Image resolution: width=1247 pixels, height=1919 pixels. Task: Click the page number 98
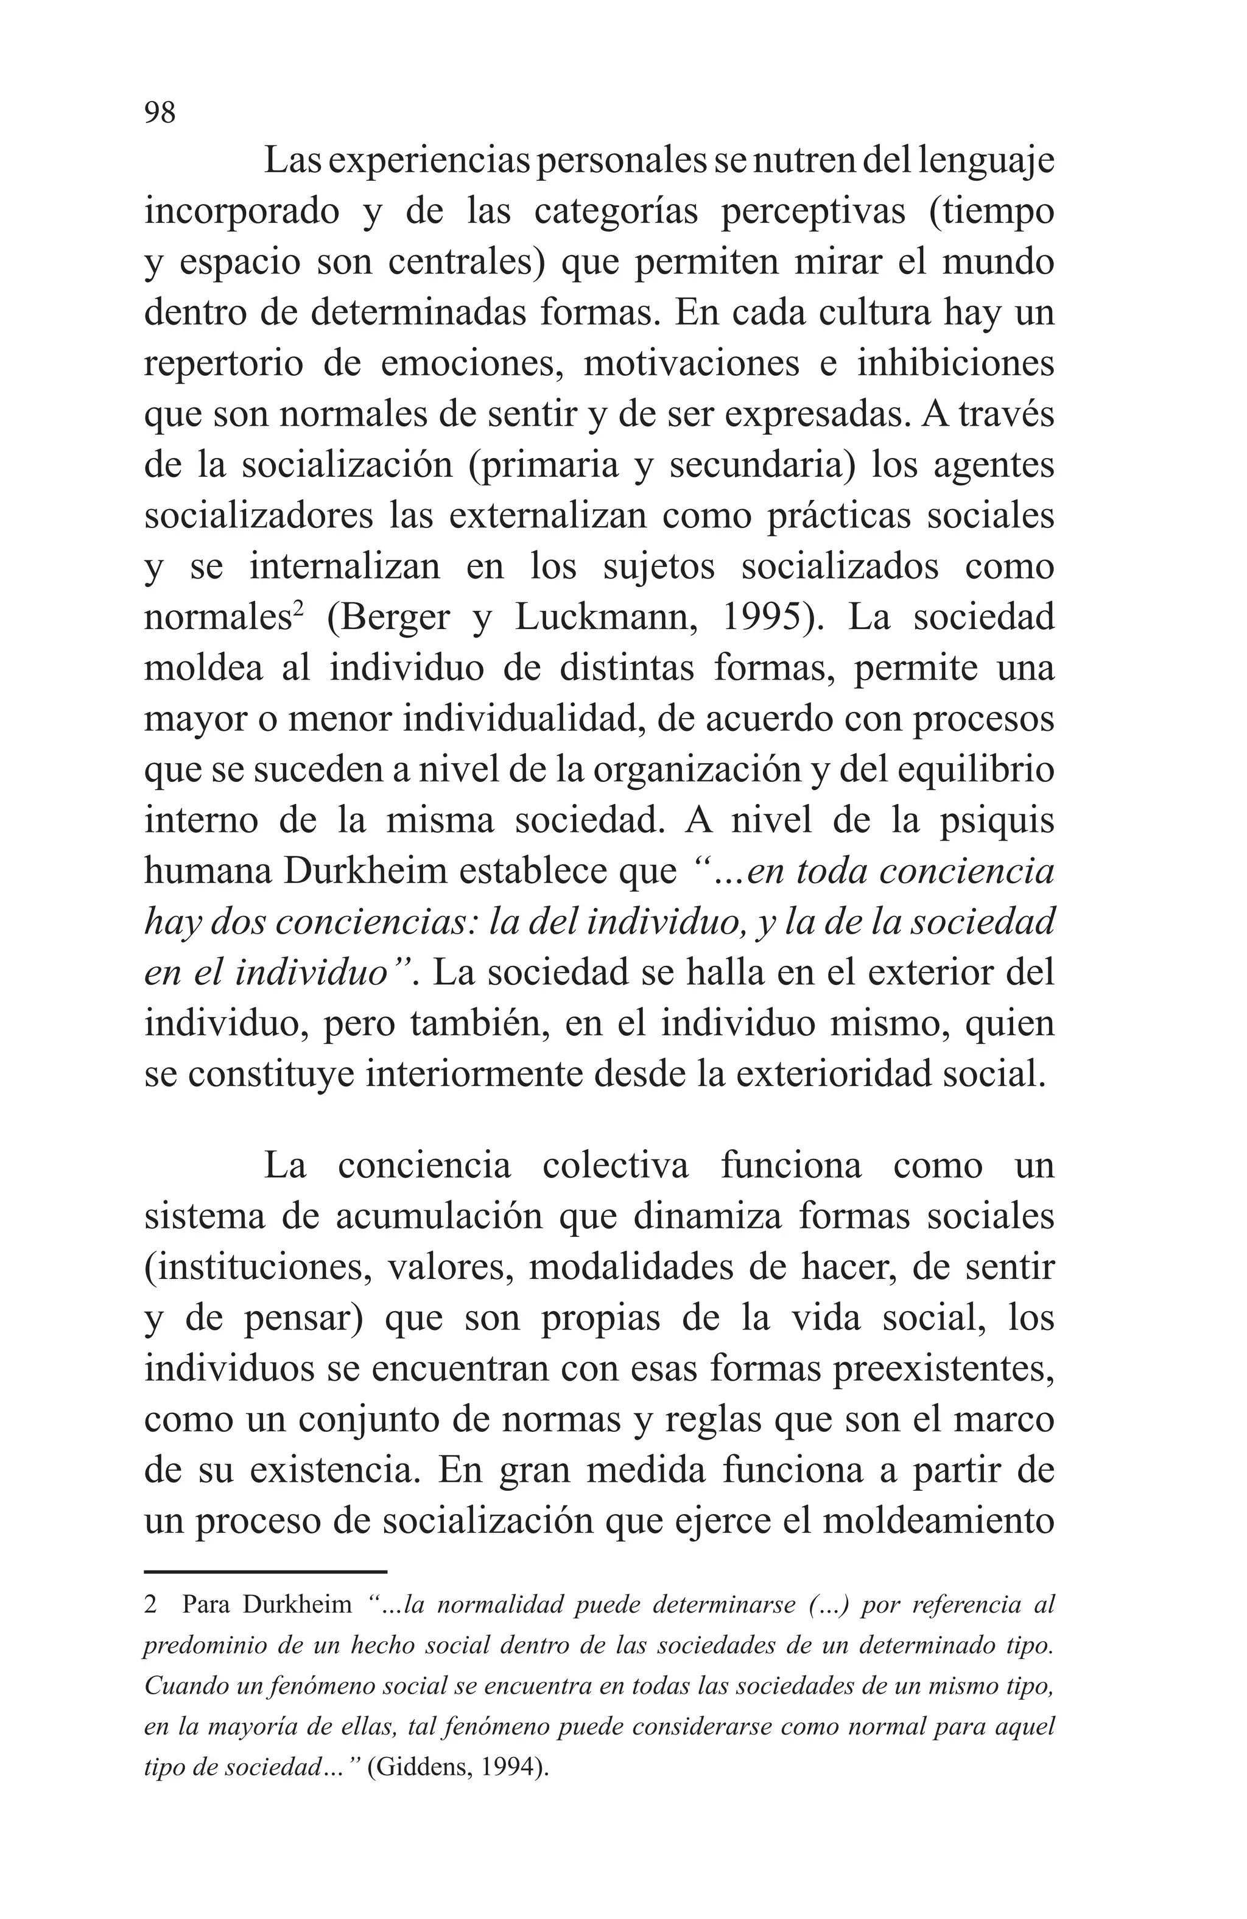[160, 112]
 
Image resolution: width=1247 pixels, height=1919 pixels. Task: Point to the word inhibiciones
[955, 364]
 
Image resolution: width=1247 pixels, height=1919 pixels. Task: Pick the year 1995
[767, 618]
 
